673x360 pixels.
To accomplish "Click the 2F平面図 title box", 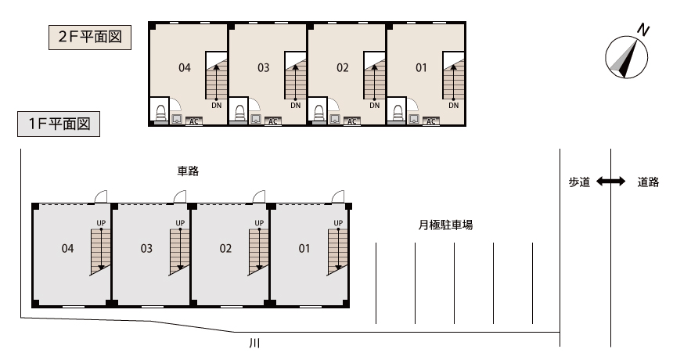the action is click(90, 38).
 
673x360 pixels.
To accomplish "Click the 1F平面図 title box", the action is click(59, 124).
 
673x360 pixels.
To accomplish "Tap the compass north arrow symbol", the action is click(627, 57).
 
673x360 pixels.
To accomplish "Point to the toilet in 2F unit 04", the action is click(161, 113).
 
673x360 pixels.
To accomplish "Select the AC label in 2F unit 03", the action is click(273, 121).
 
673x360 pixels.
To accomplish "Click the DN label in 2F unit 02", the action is click(375, 106).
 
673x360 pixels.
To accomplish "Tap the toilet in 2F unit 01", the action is click(398, 113).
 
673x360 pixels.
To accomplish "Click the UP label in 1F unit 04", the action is click(101, 223).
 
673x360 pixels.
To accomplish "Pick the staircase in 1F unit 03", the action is click(179, 252).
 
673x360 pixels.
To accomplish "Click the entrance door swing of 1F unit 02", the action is click(259, 196).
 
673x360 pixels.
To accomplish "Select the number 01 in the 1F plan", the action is click(304, 248).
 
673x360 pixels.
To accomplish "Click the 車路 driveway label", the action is click(188, 171).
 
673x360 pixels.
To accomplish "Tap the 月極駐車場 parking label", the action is click(445, 225).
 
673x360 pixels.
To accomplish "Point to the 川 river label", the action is click(254, 343).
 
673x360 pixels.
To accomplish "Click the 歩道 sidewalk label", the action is click(579, 182).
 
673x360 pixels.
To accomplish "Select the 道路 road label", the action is click(648, 182).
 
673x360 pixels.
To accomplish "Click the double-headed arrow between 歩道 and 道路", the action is click(610, 182).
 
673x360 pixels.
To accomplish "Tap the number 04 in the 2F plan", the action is click(185, 68).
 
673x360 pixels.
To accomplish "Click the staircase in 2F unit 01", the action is click(454, 76).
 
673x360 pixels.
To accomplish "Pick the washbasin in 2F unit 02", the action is click(334, 118).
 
